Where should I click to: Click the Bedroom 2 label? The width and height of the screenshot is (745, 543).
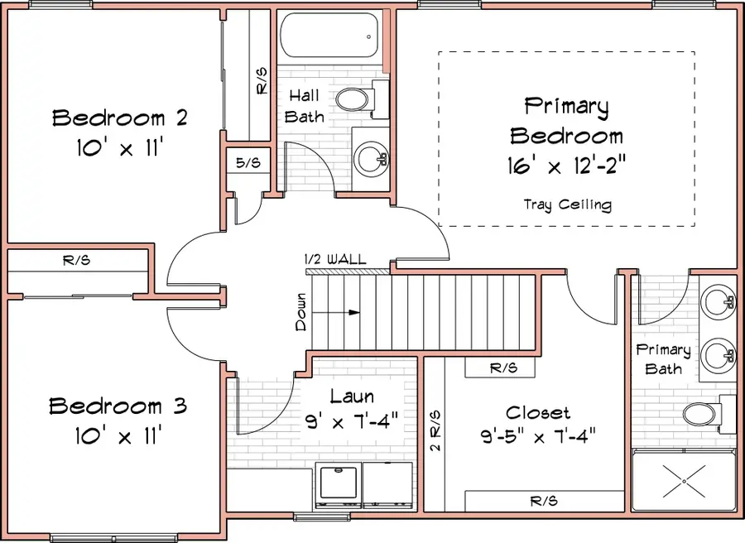point(120,118)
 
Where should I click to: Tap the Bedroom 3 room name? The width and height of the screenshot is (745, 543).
point(118,406)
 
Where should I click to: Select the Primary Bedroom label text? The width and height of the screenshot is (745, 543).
point(567,121)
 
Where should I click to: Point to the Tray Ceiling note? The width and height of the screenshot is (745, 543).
point(567,204)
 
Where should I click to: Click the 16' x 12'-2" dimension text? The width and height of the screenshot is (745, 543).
point(567,166)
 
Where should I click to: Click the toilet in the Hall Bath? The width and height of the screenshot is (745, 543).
point(362,99)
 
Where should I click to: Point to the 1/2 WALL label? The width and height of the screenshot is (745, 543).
point(335,260)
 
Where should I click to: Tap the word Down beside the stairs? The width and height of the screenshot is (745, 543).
point(301,312)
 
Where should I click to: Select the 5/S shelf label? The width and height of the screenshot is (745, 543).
point(248,163)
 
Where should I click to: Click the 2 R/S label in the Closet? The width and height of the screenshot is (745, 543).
point(435,430)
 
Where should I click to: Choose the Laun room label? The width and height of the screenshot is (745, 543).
point(352,397)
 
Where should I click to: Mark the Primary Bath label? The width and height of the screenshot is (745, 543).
point(663,359)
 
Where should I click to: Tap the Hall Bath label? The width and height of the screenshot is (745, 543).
point(304,107)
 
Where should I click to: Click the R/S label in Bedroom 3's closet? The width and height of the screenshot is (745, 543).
point(76,260)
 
